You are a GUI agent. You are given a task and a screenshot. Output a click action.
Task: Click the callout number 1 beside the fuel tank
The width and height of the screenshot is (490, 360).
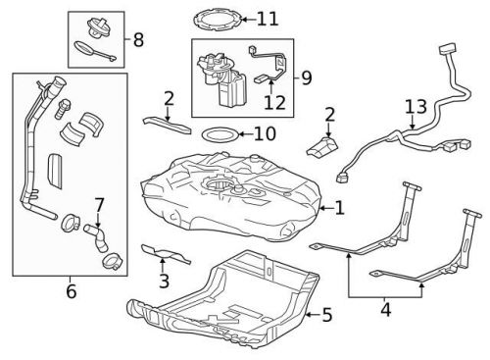[x=339, y=208]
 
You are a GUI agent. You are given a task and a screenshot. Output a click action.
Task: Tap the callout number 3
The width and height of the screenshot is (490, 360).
[x=164, y=282]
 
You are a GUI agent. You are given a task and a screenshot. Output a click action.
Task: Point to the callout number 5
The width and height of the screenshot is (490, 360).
[x=326, y=315]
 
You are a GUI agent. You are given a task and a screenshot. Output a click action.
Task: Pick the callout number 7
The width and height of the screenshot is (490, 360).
[x=98, y=205]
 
